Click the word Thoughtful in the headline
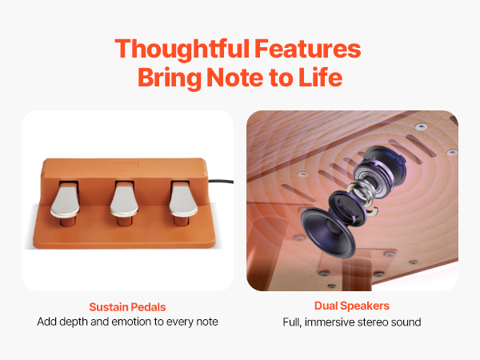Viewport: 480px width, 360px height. click(182, 49)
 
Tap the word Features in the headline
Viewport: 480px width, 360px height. click(308, 48)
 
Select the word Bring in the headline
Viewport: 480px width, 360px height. click(170, 78)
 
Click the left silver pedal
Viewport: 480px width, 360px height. click(66, 202)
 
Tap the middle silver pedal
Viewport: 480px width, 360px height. click(124, 202)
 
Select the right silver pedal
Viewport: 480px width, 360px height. click(183, 202)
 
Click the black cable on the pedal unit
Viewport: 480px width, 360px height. click(221, 182)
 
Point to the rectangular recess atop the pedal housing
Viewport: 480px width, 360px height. click(124, 166)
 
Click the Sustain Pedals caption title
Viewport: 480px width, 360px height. click(127, 307)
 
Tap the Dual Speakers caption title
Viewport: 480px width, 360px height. click(352, 306)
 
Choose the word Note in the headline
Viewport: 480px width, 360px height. click(235, 77)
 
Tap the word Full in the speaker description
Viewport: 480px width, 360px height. click(292, 322)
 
